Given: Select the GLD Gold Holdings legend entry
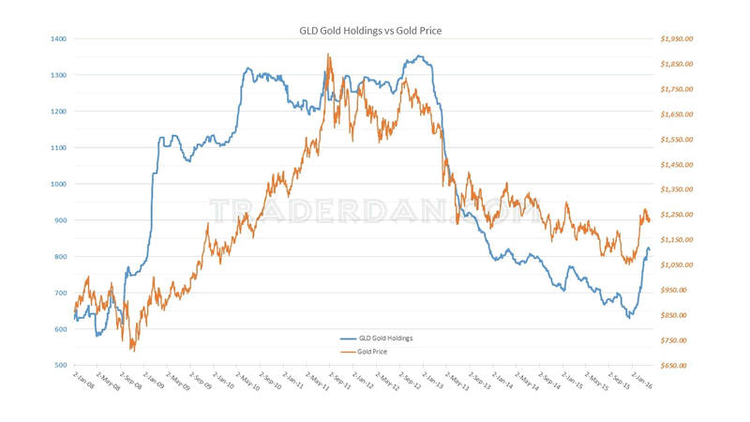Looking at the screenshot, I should point(385,339).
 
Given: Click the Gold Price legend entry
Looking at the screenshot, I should point(372,352).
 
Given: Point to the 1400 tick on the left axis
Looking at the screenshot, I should point(59,38).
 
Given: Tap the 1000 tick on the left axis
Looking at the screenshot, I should point(59,184).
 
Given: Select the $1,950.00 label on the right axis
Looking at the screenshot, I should point(676,38).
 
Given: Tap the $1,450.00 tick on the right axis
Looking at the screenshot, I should point(676,165).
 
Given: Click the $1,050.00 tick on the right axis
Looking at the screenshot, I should point(676,265).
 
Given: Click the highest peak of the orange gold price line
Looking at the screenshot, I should point(328,54).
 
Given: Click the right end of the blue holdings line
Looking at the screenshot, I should point(650,249).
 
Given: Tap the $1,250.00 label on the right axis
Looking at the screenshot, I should point(676,215).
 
